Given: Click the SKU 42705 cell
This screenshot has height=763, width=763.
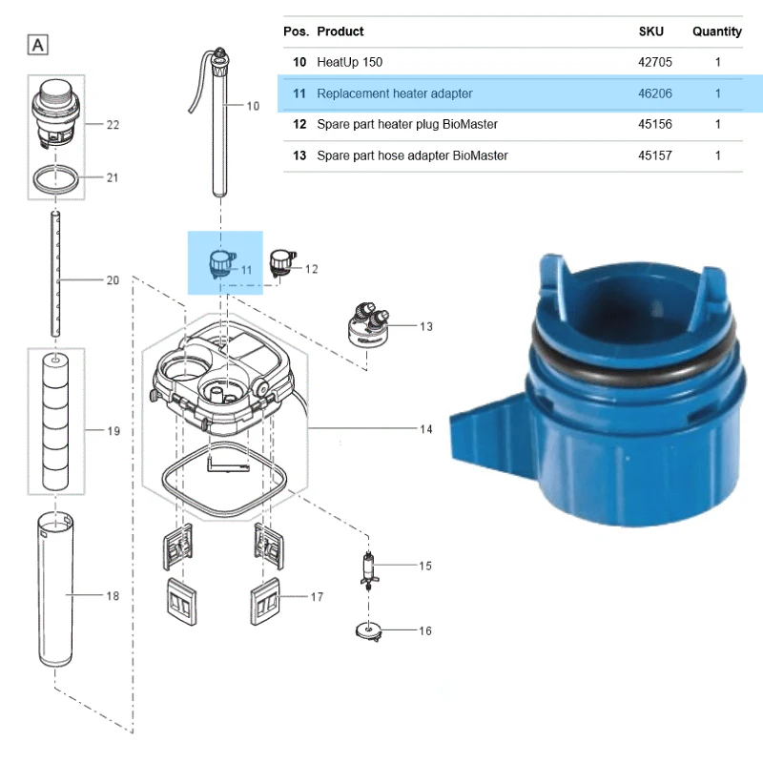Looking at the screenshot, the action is pyautogui.click(x=655, y=62).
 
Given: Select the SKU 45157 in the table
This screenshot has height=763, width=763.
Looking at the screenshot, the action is pyautogui.click(x=655, y=155).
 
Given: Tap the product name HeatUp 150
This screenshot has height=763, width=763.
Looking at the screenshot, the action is pyautogui.click(x=349, y=62).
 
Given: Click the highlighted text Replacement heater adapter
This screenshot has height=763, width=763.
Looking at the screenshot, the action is pyautogui.click(x=395, y=93).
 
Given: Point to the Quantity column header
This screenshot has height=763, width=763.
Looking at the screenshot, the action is pyautogui.click(x=717, y=31).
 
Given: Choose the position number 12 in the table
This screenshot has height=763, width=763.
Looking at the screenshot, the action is pyautogui.click(x=299, y=125).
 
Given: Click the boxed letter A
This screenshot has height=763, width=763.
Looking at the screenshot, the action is pyautogui.click(x=38, y=45).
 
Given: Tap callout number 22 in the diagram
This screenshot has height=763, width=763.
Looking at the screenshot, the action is pyautogui.click(x=113, y=125).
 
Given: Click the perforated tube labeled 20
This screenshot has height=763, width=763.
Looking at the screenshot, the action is pyautogui.click(x=55, y=274).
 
